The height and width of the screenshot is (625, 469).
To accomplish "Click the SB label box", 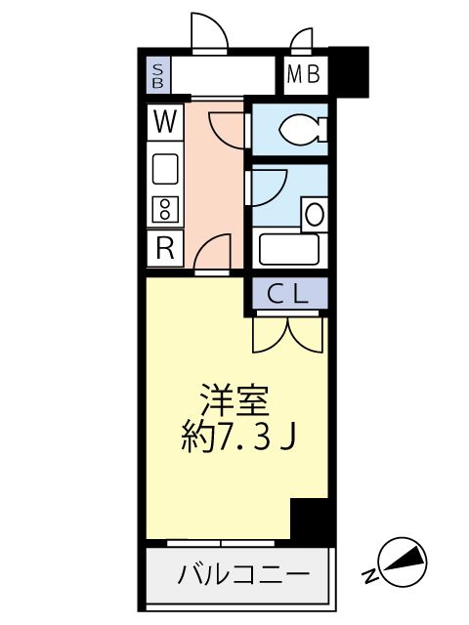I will click(157, 75).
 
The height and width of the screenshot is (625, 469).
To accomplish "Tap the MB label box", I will click(306, 75).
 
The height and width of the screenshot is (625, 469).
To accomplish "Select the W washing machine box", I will click(165, 122).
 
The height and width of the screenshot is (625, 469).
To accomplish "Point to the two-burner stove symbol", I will click(165, 208).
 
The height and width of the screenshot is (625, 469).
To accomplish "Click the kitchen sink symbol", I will click(165, 170).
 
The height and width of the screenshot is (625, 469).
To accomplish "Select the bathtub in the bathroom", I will click(288, 250).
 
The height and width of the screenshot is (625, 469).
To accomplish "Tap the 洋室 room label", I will click(235, 398).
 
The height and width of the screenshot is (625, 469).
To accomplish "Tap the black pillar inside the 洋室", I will click(312, 520).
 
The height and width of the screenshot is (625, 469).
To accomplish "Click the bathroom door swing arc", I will click(268, 186).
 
